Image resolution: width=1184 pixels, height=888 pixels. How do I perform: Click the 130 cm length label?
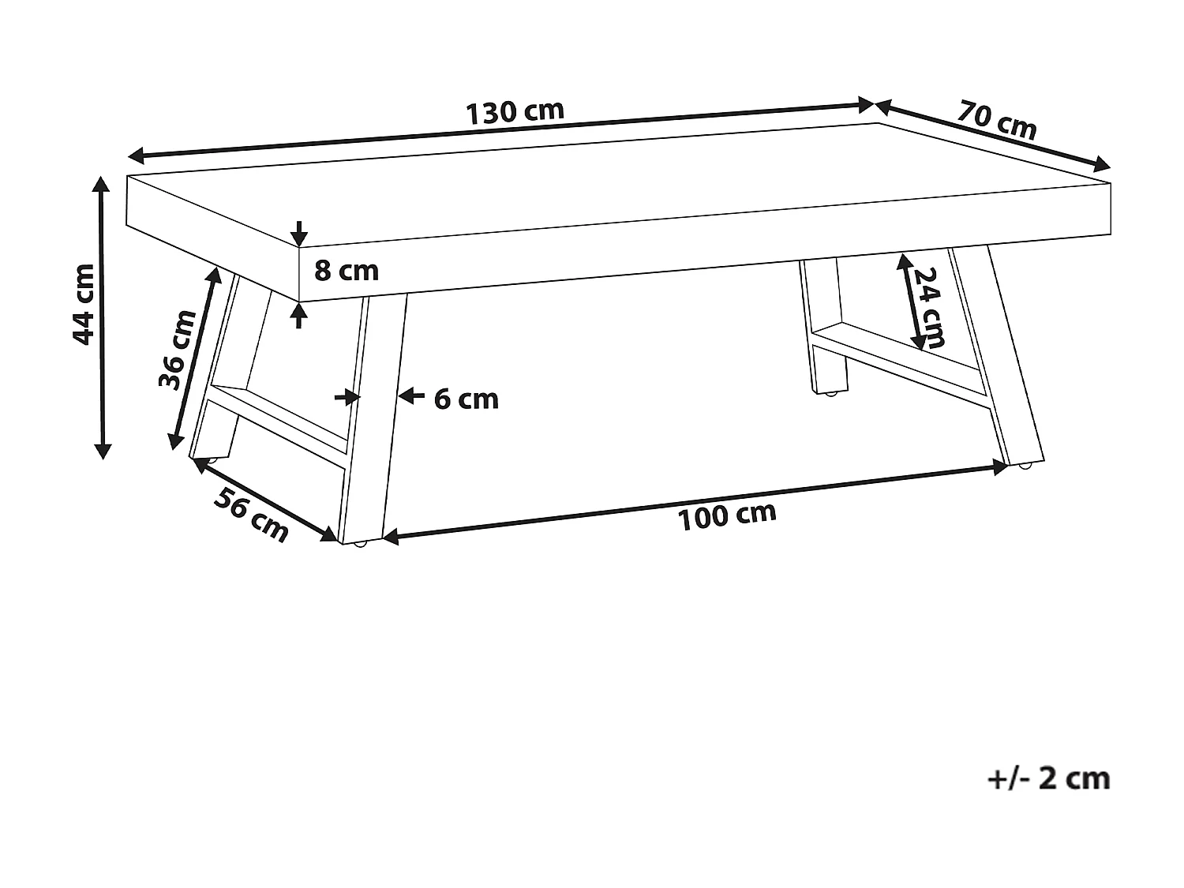515,111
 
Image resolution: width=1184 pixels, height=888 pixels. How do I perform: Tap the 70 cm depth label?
997,118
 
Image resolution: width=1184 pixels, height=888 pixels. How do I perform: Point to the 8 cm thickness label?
347,271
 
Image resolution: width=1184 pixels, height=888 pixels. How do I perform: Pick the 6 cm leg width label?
466,399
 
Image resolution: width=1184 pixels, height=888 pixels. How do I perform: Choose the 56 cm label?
252,515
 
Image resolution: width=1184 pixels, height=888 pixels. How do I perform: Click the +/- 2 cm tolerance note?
1048,778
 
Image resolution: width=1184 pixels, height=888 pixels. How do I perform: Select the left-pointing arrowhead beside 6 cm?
406,396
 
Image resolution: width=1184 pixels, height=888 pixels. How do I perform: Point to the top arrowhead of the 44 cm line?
101,185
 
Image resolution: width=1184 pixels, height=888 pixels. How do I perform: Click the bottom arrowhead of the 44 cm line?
102,450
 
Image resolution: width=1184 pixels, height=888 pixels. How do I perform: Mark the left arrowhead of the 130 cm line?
137,154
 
